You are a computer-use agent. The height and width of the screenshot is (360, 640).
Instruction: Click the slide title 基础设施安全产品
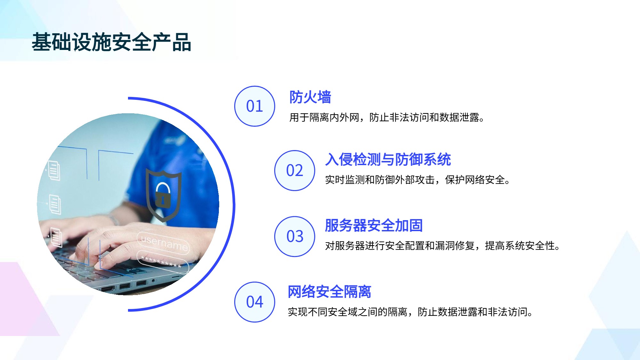click(x=111, y=42)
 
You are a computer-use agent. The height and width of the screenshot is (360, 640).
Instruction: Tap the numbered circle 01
click(x=255, y=106)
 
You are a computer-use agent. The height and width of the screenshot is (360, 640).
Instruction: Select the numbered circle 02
click(x=295, y=171)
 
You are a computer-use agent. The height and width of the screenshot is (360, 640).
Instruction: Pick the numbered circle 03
click(x=295, y=236)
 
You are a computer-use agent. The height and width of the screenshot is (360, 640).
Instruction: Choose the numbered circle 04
click(x=255, y=302)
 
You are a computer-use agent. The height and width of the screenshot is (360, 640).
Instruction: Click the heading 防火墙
click(x=310, y=97)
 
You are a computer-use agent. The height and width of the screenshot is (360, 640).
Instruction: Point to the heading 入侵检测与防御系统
click(x=388, y=159)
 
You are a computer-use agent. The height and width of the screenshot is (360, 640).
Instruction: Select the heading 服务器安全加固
click(x=374, y=225)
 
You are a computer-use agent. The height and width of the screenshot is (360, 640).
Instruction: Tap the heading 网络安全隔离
click(x=329, y=292)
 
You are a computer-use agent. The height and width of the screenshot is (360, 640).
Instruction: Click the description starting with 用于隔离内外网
click(x=387, y=117)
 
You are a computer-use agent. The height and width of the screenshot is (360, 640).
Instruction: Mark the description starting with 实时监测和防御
click(x=417, y=180)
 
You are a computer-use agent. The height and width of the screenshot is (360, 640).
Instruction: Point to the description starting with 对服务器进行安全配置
click(x=442, y=246)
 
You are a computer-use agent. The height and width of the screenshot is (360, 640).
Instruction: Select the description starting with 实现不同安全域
click(x=410, y=312)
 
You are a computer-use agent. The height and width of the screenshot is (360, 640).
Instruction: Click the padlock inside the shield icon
click(x=163, y=195)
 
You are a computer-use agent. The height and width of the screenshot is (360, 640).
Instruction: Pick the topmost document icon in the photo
click(x=54, y=171)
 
